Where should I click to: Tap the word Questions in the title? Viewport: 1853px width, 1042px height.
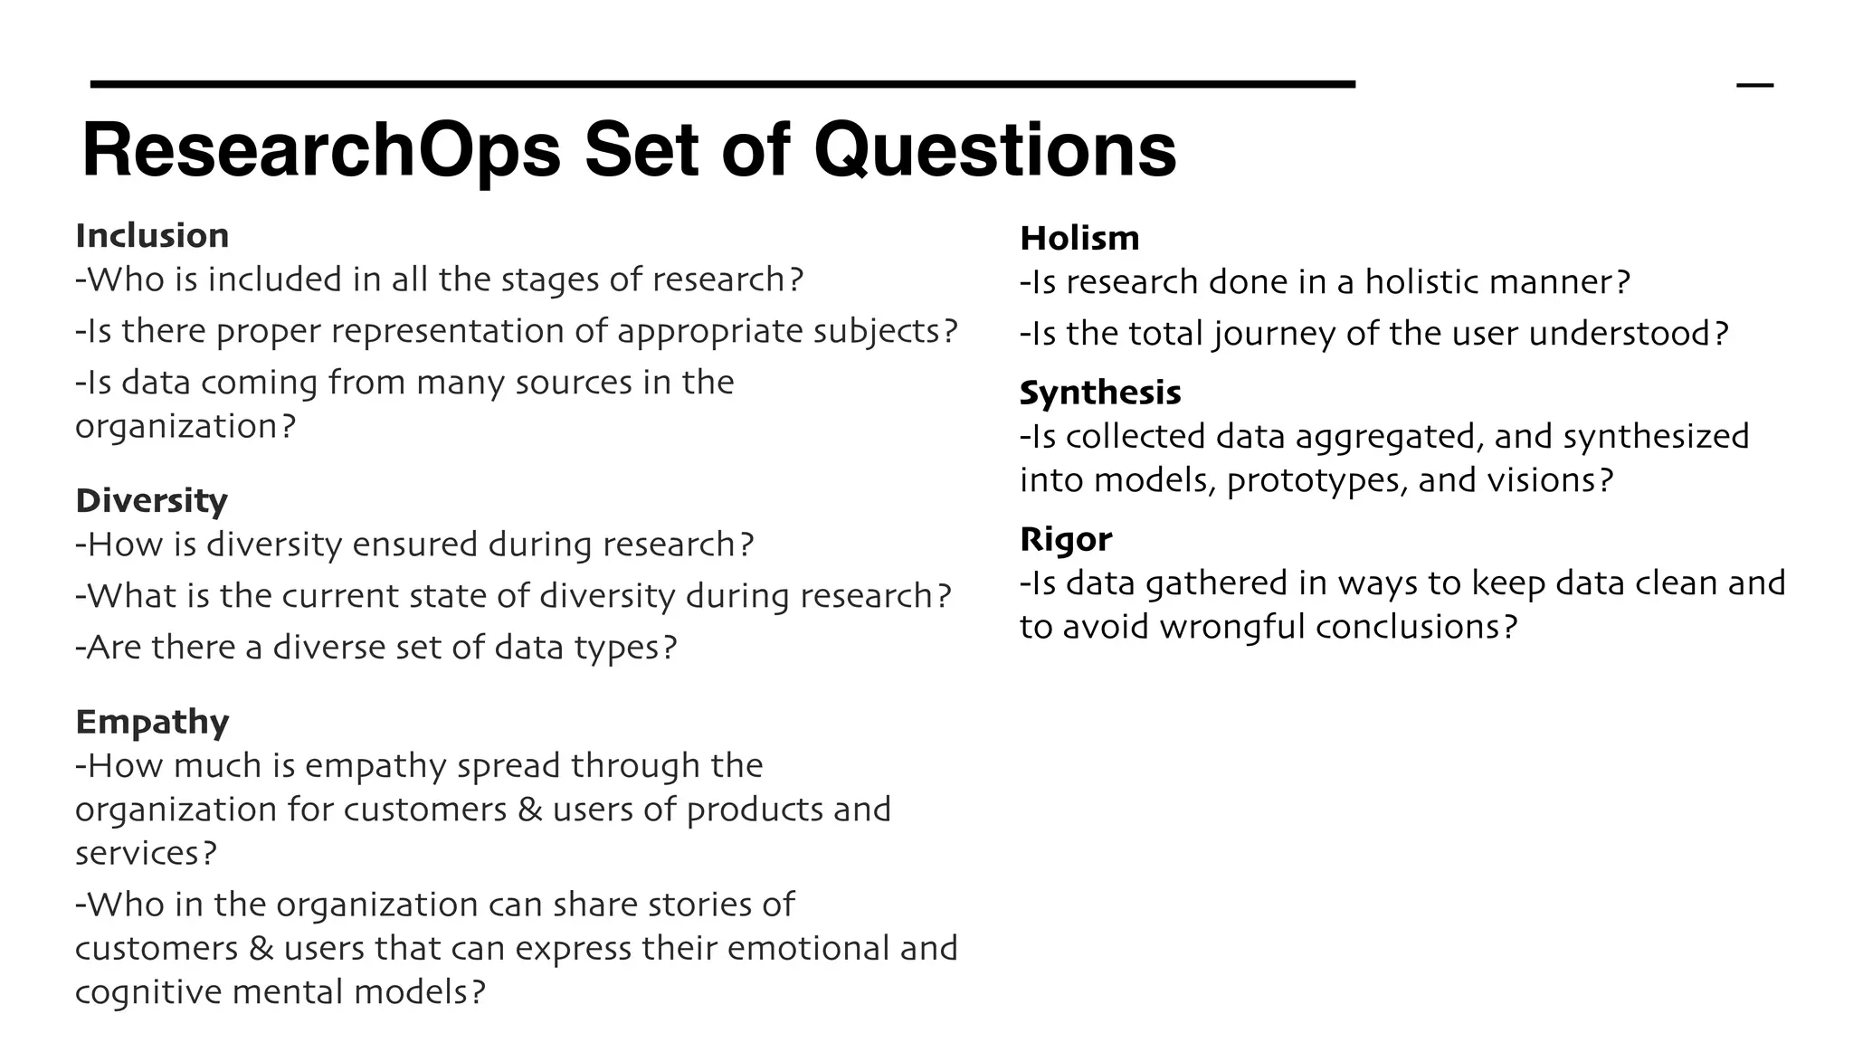[x=994, y=150]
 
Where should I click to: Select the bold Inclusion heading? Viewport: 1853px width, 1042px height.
[x=152, y=235]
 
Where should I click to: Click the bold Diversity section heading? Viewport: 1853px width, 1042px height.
[x=151, y=500]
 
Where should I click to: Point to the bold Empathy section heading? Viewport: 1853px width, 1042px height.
[x=152, y=722]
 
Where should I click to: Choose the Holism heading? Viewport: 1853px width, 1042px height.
[x=1079, y=238]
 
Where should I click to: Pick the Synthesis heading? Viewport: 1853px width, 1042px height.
[x=1100, y=393]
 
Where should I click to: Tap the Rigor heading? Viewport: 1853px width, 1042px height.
[x=1066, y=539]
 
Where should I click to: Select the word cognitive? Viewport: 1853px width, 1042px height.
[x=148, y=992]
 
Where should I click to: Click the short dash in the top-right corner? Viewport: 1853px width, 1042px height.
[x=1755, y=85]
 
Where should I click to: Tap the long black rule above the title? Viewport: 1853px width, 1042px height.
[x=723, y=84]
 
